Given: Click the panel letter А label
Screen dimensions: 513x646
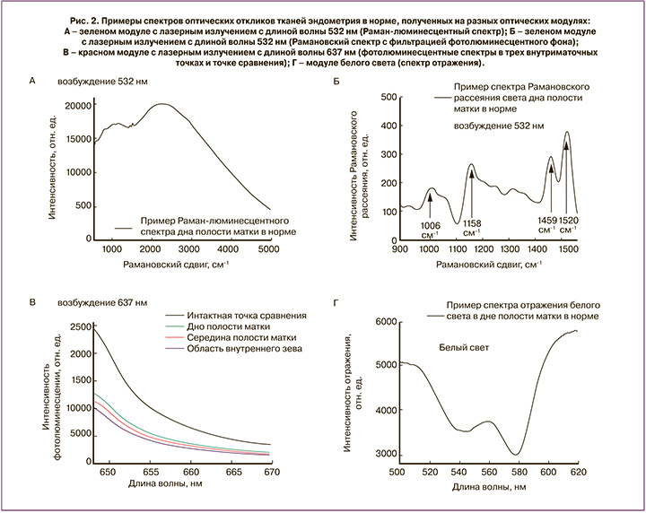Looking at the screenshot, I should pos(33,81).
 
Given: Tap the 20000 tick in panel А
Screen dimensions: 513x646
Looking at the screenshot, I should pos(76,105).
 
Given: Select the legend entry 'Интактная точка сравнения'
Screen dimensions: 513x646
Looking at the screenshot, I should pos(248,316).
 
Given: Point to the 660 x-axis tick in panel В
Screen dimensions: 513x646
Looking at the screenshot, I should pos(191,468).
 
